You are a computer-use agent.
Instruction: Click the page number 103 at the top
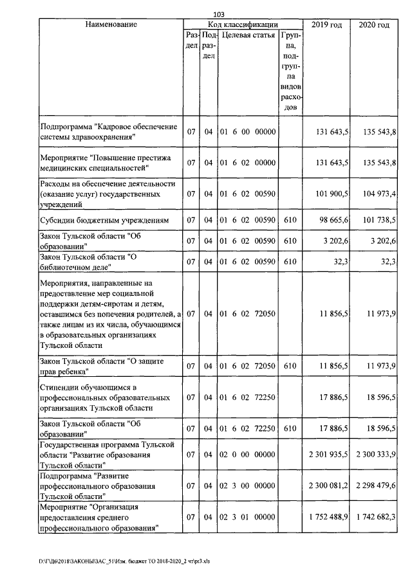(218, 14)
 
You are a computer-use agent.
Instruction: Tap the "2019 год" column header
(326, 24)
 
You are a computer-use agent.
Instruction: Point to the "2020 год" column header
(373, 24)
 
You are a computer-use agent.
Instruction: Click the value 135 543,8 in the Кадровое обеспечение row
(376, 132)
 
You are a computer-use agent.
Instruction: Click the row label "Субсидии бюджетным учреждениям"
(104, 221)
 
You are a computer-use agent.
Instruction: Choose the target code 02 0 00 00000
(248, 454)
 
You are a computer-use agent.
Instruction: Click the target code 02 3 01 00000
(248, 516)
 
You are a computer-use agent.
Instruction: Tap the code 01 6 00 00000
(248, 132)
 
